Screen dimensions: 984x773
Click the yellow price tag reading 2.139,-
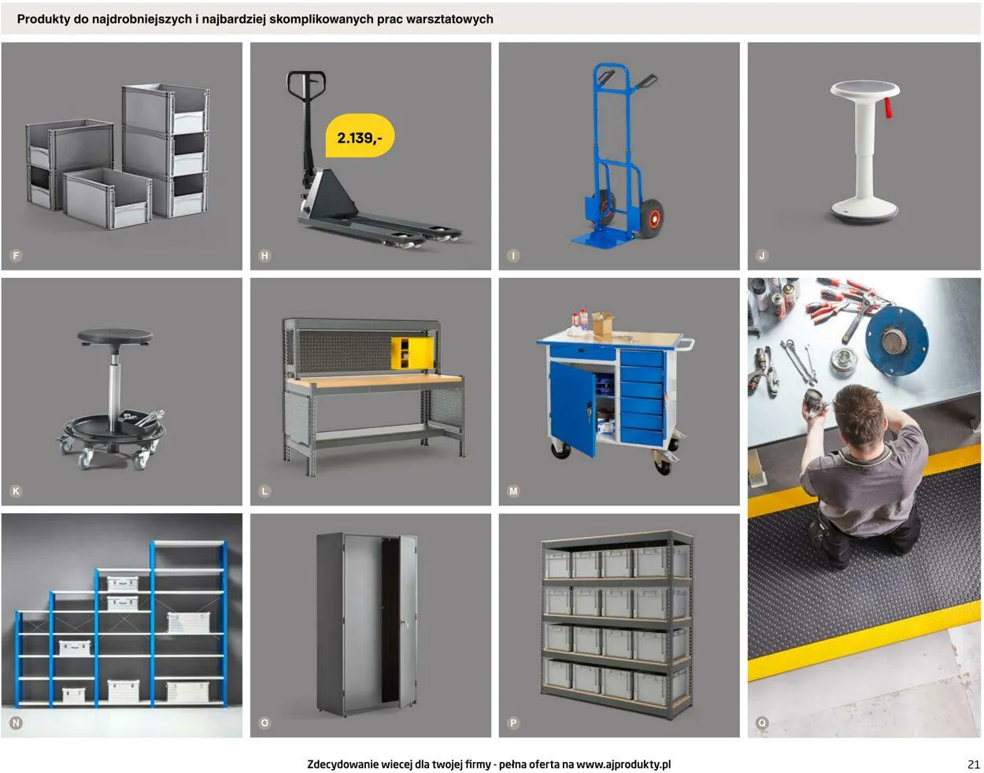tap(360, 136)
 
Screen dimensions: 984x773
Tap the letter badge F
tap(16, 256)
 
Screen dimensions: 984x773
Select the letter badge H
tap(265, 256)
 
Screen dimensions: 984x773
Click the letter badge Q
tap(762, 723)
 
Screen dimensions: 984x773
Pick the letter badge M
tap(513, 491)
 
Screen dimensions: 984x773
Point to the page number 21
tap(974, 764)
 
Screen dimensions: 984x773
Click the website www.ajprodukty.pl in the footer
tap(623, 764)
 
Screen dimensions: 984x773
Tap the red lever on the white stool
tap(888, 108)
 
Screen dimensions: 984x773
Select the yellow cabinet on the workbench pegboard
tap(412, 353)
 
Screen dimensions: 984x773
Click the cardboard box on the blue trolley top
tap(603, 324)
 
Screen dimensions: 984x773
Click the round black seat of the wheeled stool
tap(115, 337)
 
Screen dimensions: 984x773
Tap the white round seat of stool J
tap(864, 89)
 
